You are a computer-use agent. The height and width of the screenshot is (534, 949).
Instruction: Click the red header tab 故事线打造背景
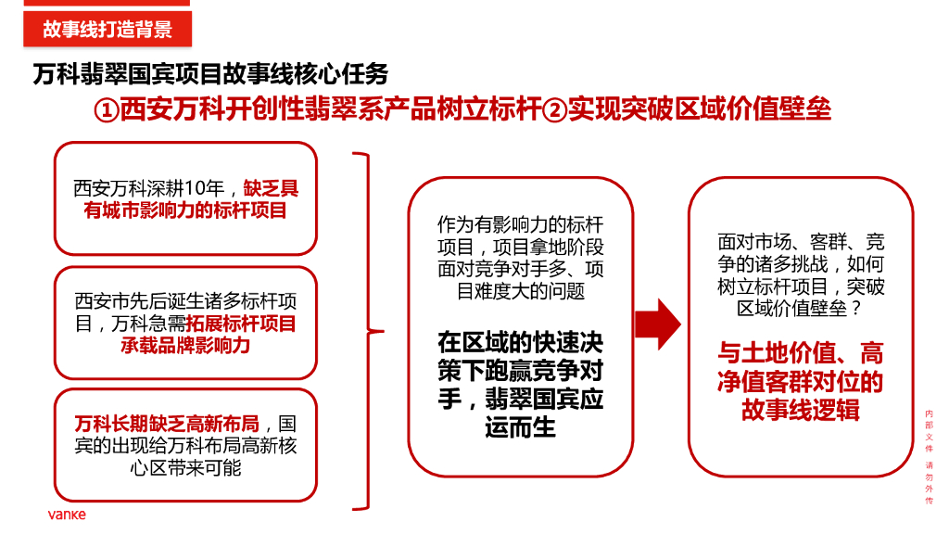point(107,29)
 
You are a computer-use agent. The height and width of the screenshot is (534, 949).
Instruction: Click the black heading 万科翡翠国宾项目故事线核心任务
point(210,73)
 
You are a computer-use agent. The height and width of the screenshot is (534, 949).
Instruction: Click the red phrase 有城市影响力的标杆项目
point(185,210)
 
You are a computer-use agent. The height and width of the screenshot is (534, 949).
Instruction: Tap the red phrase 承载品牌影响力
point(185,346)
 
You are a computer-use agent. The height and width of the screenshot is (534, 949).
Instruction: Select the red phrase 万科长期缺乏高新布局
point(172,424)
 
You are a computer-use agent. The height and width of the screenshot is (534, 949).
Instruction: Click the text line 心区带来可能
point(185,467)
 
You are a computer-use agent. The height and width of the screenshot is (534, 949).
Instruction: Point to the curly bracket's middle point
point(375,331)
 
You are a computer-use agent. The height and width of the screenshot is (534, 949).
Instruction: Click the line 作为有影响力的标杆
point(520,224)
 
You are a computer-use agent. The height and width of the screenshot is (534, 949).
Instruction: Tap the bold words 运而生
point(520,427)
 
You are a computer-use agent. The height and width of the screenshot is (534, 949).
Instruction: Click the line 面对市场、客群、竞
point(801,242)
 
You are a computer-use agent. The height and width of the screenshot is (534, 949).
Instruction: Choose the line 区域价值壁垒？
point(801,309)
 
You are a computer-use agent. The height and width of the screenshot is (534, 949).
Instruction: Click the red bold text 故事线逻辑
point(801,409)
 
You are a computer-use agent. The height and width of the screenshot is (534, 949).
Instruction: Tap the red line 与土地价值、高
point(801,353)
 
